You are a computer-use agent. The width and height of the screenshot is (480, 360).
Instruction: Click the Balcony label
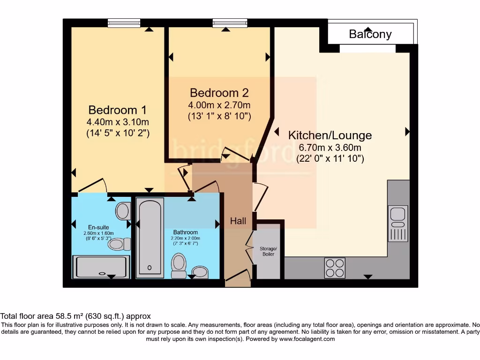tap(370, 34)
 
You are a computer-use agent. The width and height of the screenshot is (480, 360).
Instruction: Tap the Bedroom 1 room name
tap(118, 110)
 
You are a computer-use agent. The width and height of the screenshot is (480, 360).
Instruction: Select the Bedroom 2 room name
tap(219, 93)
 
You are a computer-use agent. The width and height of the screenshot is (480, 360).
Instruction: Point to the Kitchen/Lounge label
tap(330, 135)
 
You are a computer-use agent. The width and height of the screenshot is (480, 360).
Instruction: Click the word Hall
tap(238, 221)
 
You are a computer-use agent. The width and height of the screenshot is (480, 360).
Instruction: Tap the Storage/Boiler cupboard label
tap(268, 251)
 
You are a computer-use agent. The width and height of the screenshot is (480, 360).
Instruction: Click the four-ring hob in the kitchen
tap(335, 268)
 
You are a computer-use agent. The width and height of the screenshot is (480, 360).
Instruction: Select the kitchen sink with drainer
tap(398, 223)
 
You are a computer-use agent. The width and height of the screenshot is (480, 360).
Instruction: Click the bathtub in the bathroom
tap(150, 238)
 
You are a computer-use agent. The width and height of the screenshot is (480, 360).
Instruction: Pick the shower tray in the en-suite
tap(101, 267)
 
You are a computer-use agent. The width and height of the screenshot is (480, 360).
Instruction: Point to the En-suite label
tap(98, 227)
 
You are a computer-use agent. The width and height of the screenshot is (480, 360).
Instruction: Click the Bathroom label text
tap(186, 232)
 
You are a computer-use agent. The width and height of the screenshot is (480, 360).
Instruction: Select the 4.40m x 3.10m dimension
tap(118, 122)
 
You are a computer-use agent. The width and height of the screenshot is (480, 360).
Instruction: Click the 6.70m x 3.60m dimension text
tap(330, 148)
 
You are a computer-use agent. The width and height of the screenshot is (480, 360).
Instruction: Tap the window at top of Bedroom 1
tap(124, 22)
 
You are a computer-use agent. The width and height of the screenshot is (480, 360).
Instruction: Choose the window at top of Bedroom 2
tap(230, 22)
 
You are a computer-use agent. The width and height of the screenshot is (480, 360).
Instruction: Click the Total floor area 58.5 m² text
tap(42, 316)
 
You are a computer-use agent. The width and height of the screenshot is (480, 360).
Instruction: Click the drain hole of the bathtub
tap(150, 268)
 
